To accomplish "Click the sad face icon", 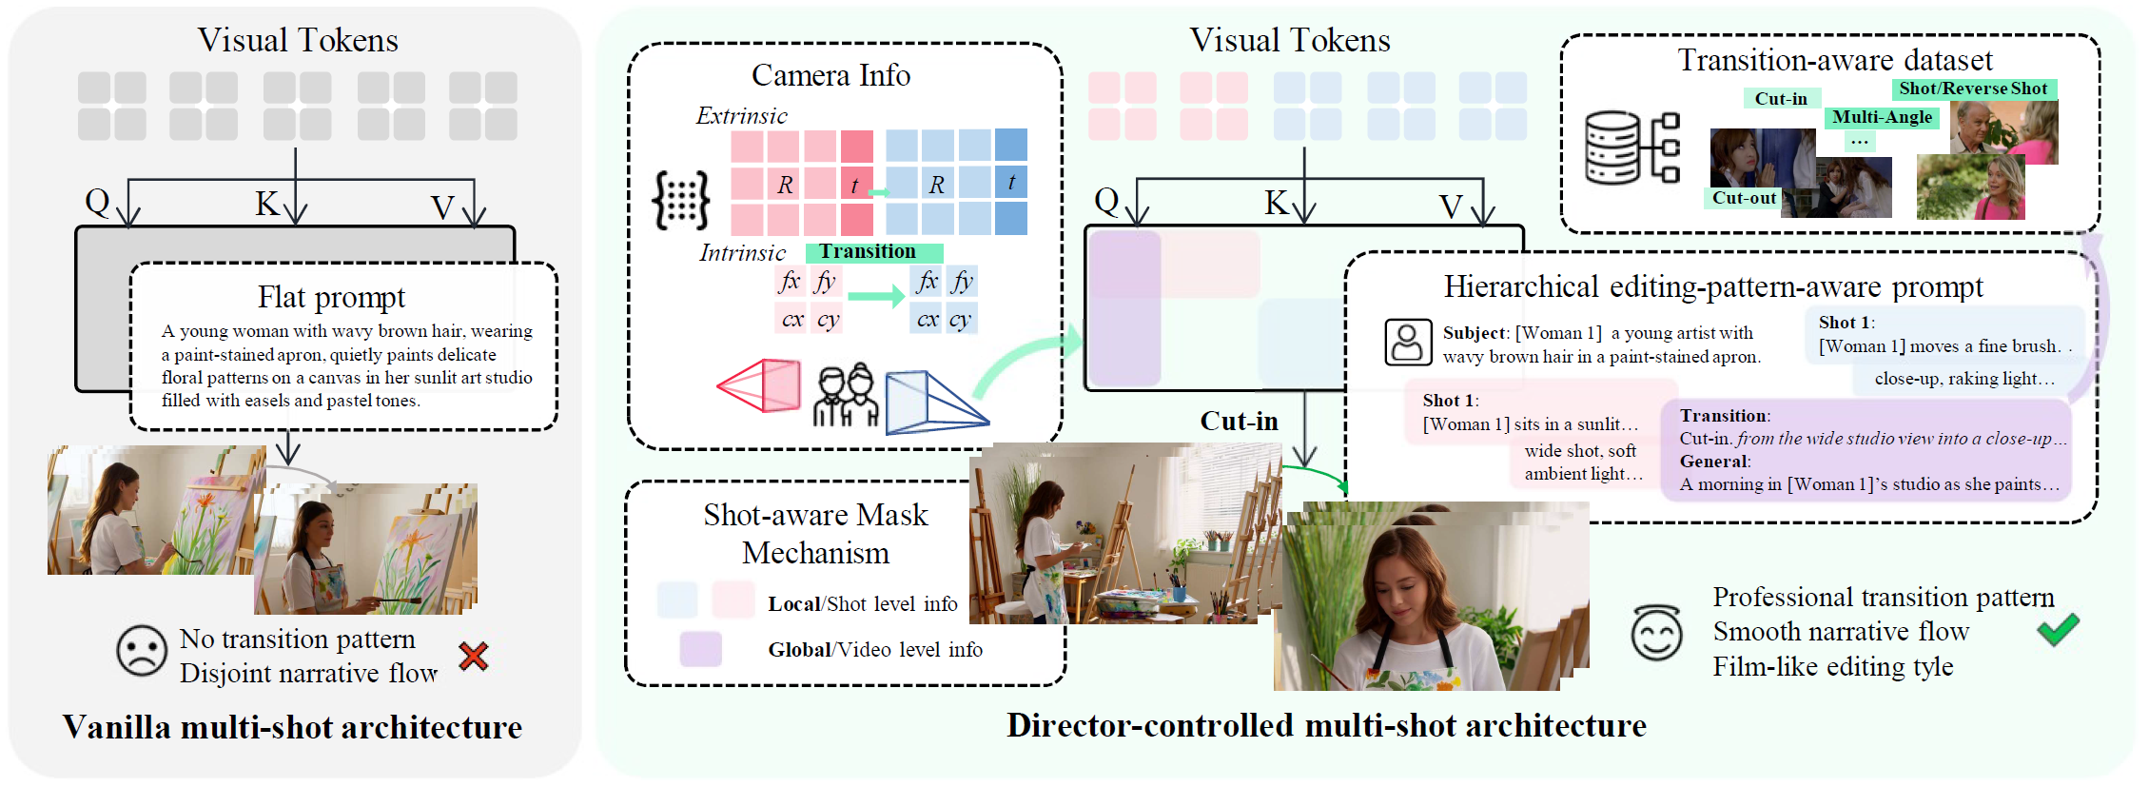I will click(x=142, y=651).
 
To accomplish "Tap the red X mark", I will click(x=473, y=656).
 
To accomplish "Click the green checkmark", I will click(x=2058, y=629).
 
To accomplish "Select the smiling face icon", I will click(x=1656, y=633).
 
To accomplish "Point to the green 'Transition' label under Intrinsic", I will click(x=873, y=252).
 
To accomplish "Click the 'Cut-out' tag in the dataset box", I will click(x=1744, y=198).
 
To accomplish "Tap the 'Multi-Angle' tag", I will click(x=1882, y=117).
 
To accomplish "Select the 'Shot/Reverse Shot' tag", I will click(x=1973, y=89).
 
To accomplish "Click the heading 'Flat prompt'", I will click(x=331, y=297).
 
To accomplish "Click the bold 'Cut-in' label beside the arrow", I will click(x=1239, y=421).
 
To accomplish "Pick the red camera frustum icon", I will click(x=758, y=385).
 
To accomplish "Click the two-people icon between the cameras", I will click(x=846, y=394).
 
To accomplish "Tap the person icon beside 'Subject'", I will click(x=1407, y=343).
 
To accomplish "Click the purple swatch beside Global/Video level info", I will click(x=700, y=649).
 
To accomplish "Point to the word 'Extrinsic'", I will click(x=741, y=116).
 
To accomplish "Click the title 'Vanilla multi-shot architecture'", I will click(x=292, y=727).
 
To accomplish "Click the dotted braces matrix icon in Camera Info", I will click(x=681, y=200).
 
